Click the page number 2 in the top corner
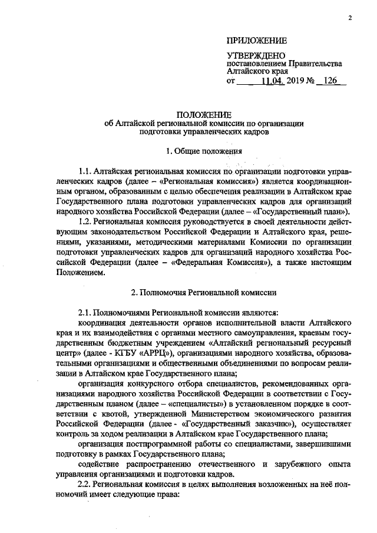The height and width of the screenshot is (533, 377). (x=349, y=18)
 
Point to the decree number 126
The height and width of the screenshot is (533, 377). (x=330, y=81)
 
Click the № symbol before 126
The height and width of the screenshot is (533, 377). (x=308, y=81)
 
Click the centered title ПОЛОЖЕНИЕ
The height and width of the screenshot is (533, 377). (x=203, y=114)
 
